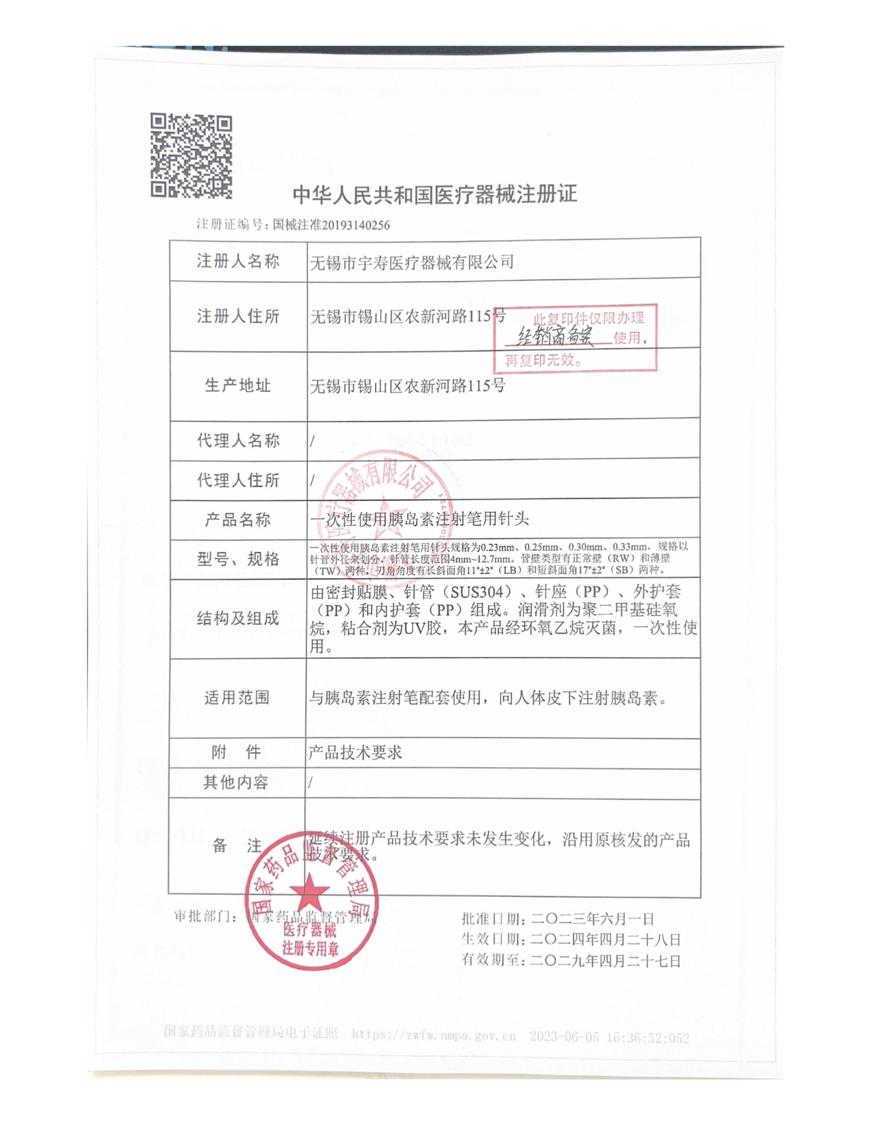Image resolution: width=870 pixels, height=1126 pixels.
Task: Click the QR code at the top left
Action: pyautogui.click(x=191, y=156)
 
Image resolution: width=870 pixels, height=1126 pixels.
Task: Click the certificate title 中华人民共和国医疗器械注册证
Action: pyautogui.click(x=434, y=195)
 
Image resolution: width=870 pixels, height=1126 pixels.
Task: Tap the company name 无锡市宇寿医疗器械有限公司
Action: pyautogui.click(x=411, y=262)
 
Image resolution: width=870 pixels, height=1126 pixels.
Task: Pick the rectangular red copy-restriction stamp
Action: pyautogui.click(x=575, y=338)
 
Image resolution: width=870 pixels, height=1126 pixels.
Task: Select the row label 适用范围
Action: pyautogui.click(x=237, y=697)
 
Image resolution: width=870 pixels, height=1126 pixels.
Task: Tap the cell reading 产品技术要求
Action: pyautogui.click(x=355, y=753)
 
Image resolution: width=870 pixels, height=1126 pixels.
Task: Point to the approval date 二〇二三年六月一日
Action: pyautogui.click(x=593, y=919)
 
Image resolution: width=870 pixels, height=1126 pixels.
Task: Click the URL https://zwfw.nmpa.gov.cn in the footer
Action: pyautogui.click(x=433, y=1035)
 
